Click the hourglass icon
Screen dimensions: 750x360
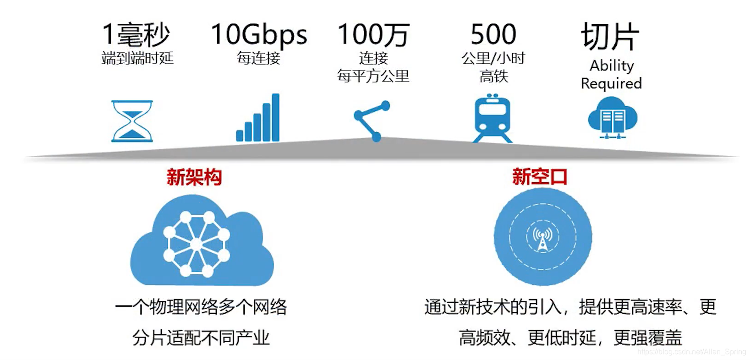pos(132,121)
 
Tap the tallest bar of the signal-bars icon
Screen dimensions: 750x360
pos(275,117)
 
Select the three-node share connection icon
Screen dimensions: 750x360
pos(372,120)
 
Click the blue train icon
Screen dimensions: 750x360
pos(492,118)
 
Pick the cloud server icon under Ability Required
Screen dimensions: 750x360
pos(613,118)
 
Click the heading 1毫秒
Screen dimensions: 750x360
pos(136,34)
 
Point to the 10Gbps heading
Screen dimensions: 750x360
pos(259,34)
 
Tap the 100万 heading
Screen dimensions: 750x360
pos(373,34)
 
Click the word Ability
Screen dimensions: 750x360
pos(612,66)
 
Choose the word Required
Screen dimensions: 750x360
pos(611,84)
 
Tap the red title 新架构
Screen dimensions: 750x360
pos(194,177)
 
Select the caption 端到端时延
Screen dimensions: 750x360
pos(137,58)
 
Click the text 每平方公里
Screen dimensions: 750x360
pos(373,76)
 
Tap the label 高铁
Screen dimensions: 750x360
pos(493,76)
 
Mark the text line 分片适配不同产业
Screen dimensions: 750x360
pos(201,338)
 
